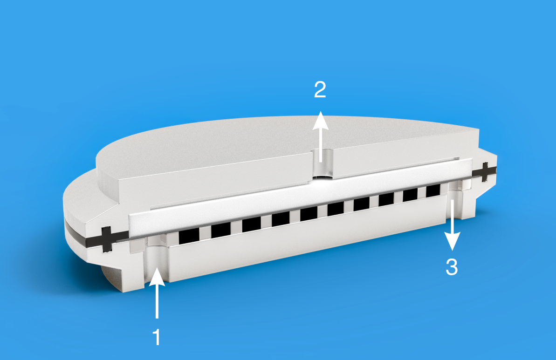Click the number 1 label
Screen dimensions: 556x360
coord(157,337)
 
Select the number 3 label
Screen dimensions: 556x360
coord(452,267)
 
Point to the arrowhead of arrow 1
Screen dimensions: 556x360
coord(157,277)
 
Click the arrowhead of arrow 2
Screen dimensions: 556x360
coord(321,120)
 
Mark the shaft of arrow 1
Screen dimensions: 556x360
coord(157,302)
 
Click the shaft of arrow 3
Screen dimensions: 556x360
coord(453,216)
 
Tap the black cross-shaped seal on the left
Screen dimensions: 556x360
coord(106,239)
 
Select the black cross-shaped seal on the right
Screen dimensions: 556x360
coord(484,172)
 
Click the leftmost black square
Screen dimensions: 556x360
coord(189,236)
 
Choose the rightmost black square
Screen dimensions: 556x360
coord(432,191)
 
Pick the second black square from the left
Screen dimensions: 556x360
coord(220,231)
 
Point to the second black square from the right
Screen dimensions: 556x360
coord(410,195)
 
